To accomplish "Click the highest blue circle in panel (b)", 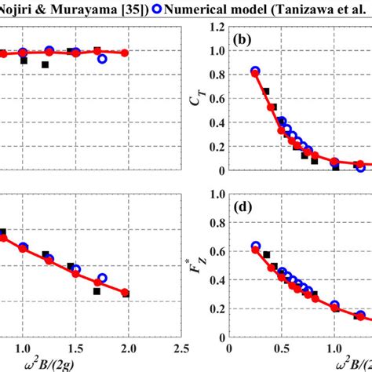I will click(x=255, y=71).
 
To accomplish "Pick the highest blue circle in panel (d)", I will click(x=255, y=246).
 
